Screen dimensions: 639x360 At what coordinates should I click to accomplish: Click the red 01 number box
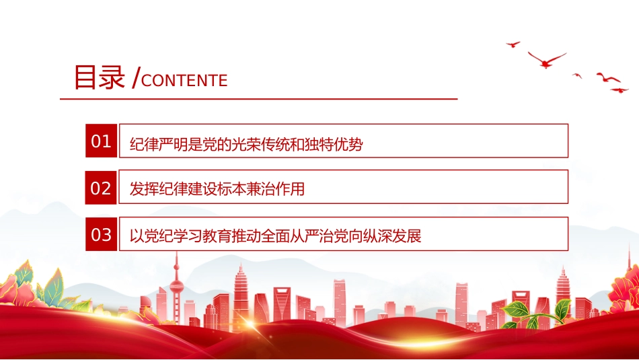coord(101,141)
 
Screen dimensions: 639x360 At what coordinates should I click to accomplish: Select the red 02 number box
coord(101,187)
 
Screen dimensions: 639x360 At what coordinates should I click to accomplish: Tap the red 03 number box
coord(101,234)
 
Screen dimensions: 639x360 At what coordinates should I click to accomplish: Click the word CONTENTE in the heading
coord(184,81)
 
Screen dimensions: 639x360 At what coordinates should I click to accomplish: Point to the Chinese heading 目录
coord(99,77)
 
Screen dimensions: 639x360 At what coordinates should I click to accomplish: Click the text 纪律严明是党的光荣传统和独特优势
coord(246,144)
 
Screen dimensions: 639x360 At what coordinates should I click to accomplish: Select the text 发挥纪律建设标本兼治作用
coord(217,189)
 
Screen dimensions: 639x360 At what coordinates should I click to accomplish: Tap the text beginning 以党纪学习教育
coord(276,236)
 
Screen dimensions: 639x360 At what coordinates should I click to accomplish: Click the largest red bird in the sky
coord(547,59)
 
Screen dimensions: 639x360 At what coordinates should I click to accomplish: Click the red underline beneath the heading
coord(259,99)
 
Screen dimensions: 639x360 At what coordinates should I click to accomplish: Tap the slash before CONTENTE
coord(136,77)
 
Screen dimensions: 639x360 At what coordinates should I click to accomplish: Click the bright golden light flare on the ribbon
coord(248,324)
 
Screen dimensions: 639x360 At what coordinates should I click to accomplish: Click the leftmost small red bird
coord(513,44)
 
